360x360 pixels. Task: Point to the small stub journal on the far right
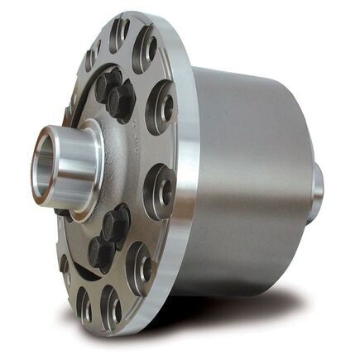[x=317, y=192]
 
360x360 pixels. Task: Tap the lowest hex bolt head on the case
[x=101, y=252]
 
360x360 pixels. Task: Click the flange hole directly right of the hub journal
[x=162, y=186]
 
